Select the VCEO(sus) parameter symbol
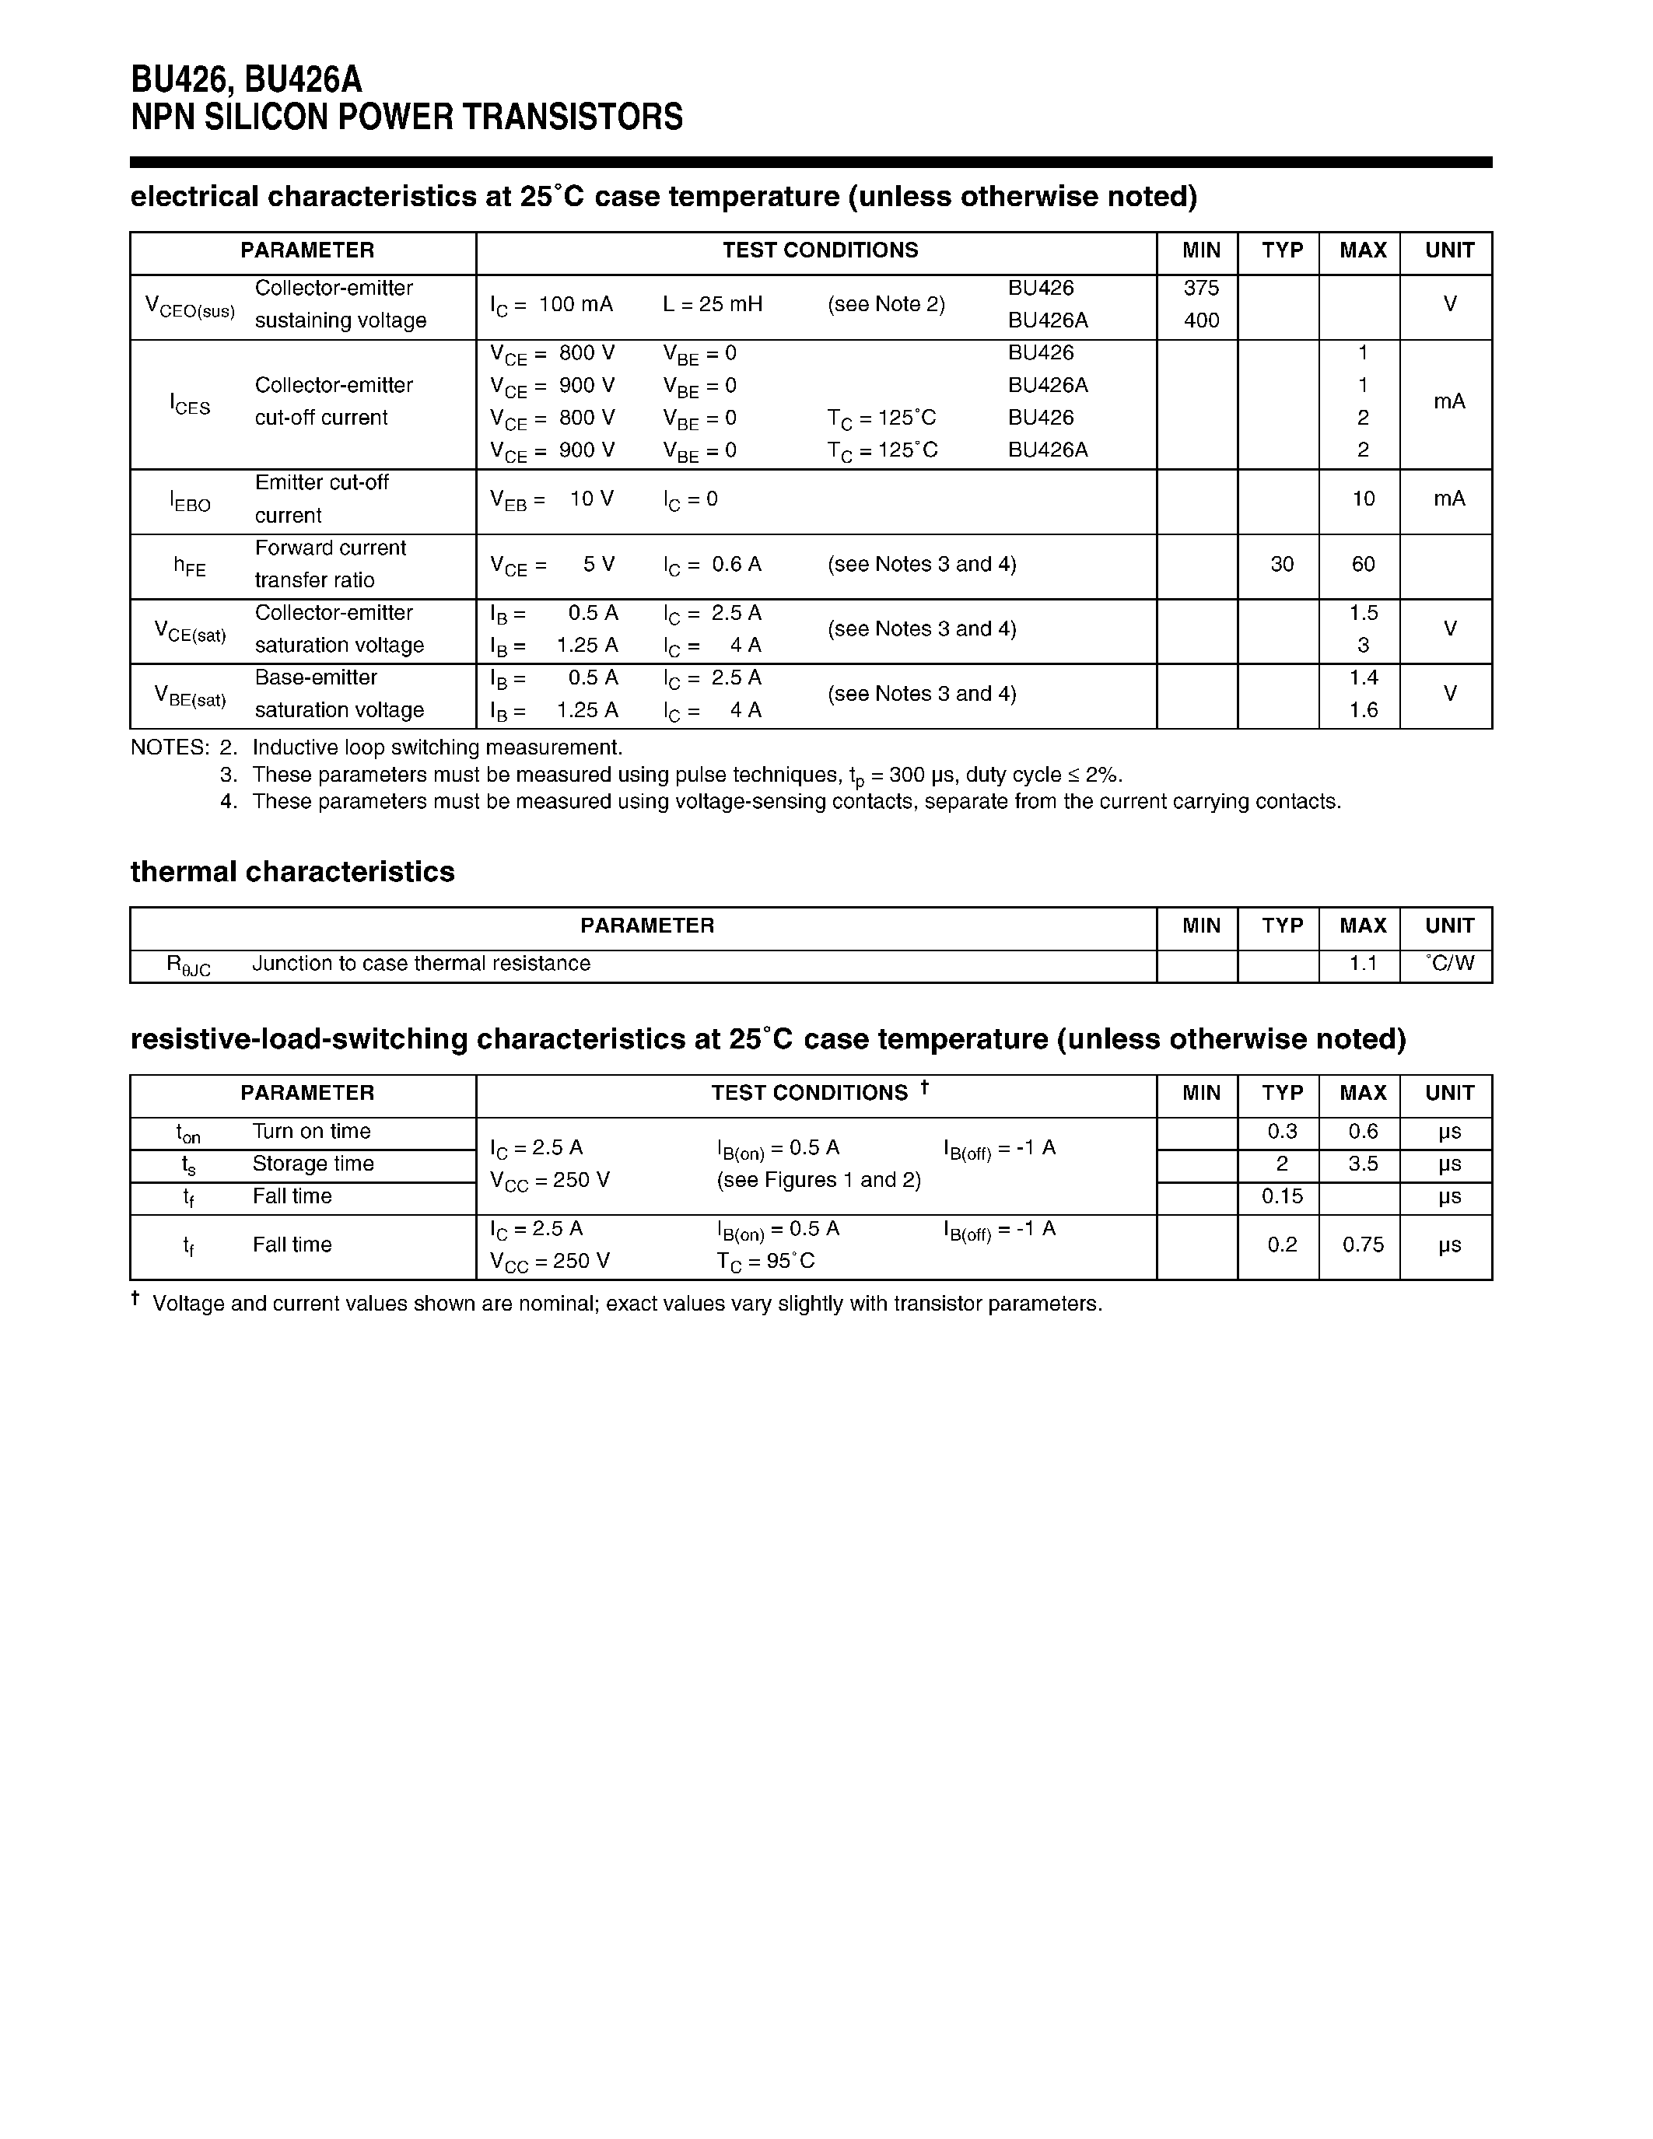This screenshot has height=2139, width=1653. point(190,306)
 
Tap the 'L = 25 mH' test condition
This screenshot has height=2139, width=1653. point(712,305)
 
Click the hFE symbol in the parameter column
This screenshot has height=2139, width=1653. point(190,566)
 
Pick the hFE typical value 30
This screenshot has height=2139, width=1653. point(1281,564)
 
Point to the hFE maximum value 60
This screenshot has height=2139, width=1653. point(1362,564)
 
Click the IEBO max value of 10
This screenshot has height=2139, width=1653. point(1363,499)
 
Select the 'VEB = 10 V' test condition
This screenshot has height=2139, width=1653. point(552,499)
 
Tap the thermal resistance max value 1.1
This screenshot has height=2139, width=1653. point(1362,964)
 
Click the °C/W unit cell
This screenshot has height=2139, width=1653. point(1449,964)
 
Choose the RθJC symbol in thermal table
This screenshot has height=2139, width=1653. point(188,966)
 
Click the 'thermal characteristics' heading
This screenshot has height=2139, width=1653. point(292,872)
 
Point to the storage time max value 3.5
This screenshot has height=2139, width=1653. point(1362,1164)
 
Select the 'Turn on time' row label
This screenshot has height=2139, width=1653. point(311,1131)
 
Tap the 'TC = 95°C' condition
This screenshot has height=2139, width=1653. point(765,1262)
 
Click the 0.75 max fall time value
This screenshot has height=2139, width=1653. point(1362,1245)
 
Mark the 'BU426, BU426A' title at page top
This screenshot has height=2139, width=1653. point(246,79)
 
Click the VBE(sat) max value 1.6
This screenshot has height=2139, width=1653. point(1363,710)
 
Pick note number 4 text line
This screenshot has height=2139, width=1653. point(795,802)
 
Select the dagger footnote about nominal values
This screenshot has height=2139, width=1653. point(627,1304)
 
